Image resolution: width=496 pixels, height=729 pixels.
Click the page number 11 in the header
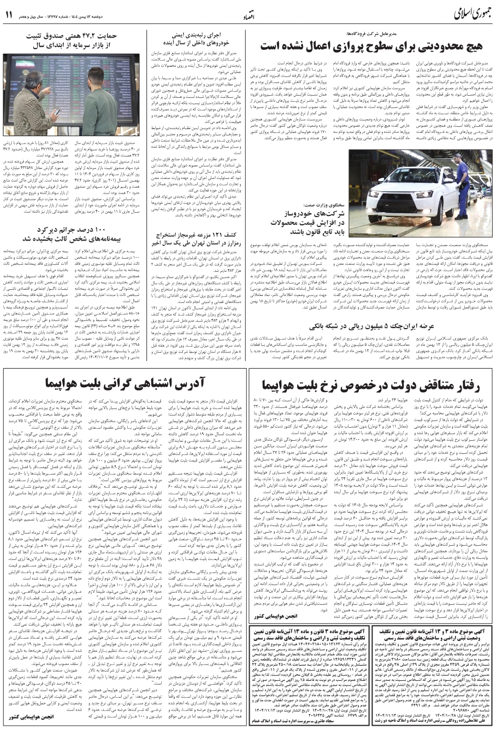coord(9,13)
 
